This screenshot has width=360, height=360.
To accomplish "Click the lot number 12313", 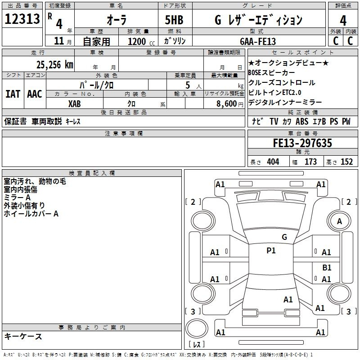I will point(22,19).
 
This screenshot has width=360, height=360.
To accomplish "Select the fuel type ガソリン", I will point(175,41).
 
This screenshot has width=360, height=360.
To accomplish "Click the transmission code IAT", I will point(13,94).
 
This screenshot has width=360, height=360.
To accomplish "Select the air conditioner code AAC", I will point(34,94).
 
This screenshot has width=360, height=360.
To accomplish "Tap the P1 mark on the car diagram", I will point(271,251).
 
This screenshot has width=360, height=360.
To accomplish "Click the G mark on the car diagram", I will point(284,237).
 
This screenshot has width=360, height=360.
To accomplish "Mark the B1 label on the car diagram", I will point(327,267).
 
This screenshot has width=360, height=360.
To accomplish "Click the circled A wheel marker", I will point(340,221).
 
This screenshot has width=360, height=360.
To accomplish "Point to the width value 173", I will point(310,162).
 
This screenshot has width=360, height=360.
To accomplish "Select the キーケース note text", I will point(23,337).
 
